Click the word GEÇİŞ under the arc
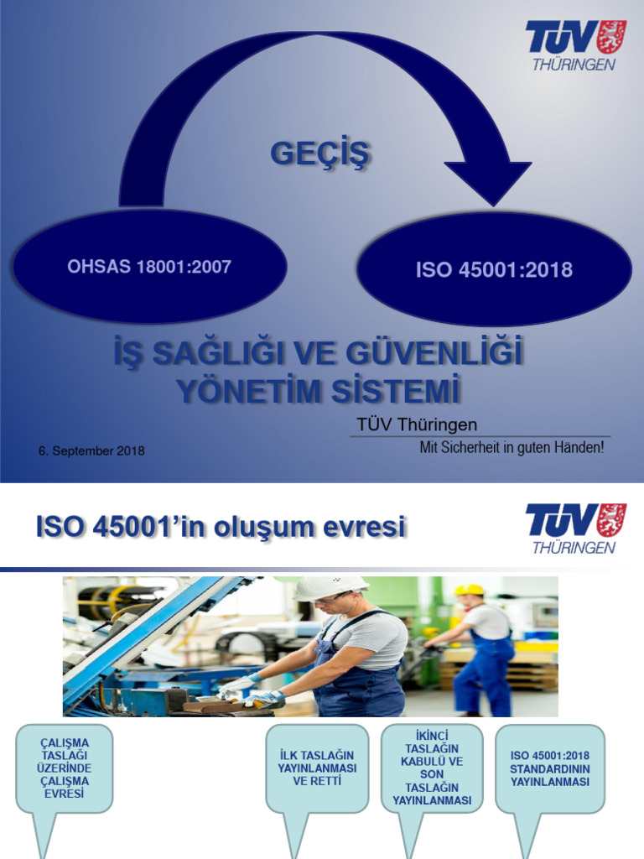point(320,154)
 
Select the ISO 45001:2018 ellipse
point(494,269)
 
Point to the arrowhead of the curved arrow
point(488,180)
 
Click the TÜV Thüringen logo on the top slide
point(575,45)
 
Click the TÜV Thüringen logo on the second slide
point(575,528)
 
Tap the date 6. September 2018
point(91,451)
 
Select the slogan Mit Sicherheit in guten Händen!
point(512,448)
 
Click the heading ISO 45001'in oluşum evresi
point(221,527)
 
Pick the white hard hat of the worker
point(330,586)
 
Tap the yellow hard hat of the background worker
point(470,590)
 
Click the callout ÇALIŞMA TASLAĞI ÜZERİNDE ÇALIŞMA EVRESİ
point(64,768)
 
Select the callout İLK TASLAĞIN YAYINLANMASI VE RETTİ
point(317,768)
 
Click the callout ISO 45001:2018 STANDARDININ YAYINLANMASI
point(549,768)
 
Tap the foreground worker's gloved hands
point(252,690)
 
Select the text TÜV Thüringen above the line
point(417,425)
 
